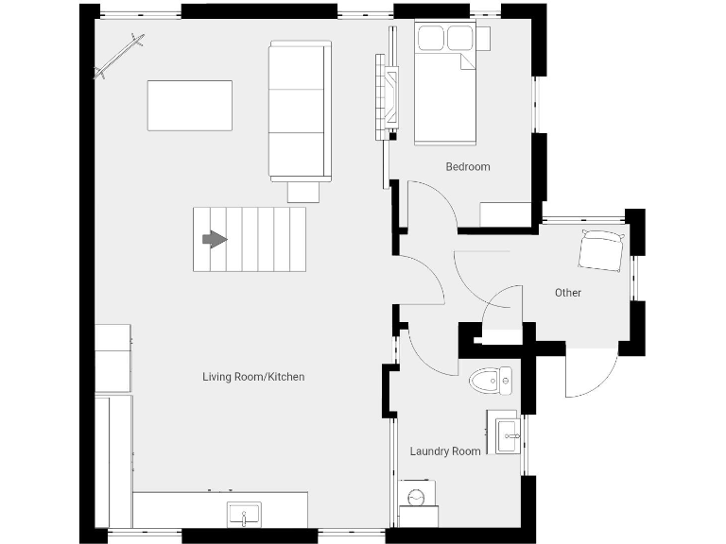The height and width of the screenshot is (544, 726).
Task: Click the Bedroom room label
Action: [x=468, y=167]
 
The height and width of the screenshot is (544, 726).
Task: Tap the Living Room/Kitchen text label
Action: [x=253, y=377]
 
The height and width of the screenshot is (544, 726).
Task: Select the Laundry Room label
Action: [x=445, y=451]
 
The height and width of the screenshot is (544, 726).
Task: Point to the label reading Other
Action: [x=567, y=293]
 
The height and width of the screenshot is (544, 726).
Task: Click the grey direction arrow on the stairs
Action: [x=216, y=240]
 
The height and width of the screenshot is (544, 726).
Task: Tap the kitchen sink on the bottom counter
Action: [x=243, y=516]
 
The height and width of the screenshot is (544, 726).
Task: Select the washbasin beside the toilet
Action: [x=508, y=434]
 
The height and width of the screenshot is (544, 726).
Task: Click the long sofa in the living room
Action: [x=300, y=110]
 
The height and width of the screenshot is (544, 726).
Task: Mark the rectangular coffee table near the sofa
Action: [x=189, y=106]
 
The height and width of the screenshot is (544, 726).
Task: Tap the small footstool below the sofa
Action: [x=303, y=192]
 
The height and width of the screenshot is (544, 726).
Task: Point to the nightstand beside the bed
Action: [x=483, y=39]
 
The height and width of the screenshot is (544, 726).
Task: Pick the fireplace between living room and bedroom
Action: [x=386, y=96]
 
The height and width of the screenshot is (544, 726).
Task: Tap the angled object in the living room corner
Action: [x=119, y=57]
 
